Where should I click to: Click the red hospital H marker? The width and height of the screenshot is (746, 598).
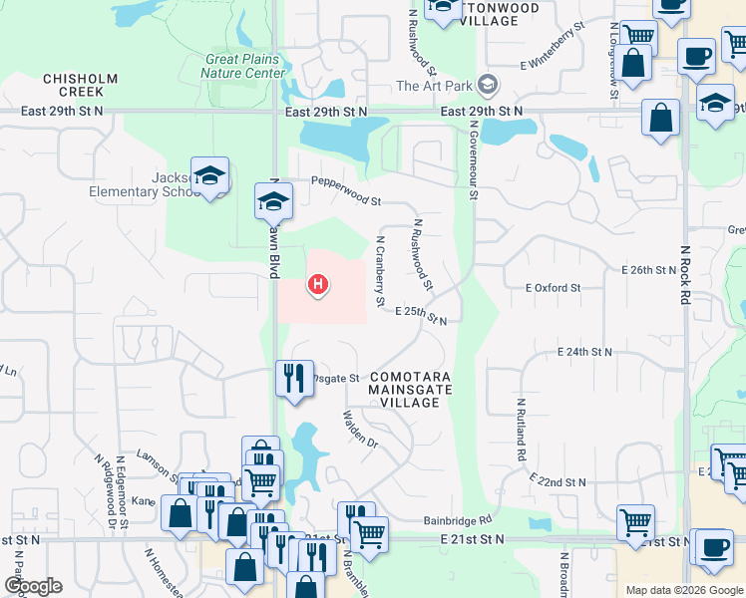point(318,286)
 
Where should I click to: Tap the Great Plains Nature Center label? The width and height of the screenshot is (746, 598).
point(245,66)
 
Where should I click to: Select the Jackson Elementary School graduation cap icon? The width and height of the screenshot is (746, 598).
point(210,176)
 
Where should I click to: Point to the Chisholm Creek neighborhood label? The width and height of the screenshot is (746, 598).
point(80,85)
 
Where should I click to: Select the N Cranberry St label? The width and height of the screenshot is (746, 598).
point(380,271)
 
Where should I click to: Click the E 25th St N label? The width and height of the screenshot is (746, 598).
point(420,315)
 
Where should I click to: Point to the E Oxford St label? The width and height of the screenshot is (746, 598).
point(553,288)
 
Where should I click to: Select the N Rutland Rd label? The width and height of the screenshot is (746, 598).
point(521,430)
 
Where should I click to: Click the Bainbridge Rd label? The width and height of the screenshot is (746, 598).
point(457,520)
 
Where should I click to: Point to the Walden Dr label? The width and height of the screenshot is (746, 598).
point(360,429)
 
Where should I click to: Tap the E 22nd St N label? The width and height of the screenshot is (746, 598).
point(559,480)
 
